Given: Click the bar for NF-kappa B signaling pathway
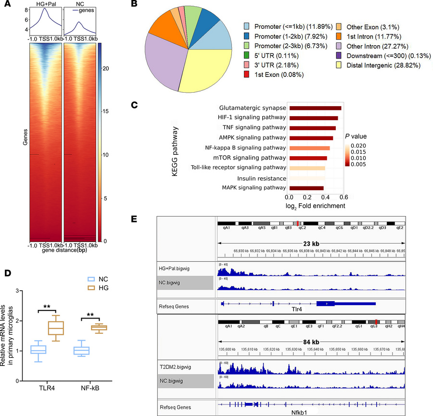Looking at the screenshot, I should tap(309, 148).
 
